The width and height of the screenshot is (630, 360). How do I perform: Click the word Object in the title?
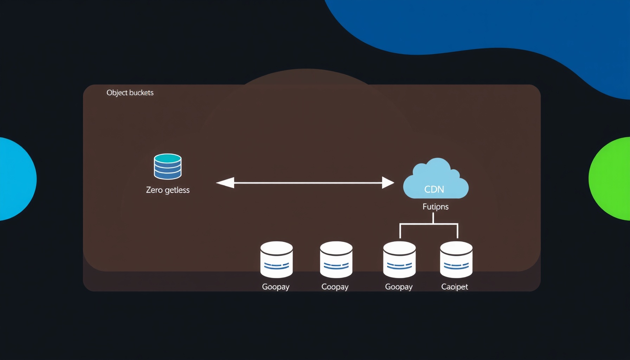117,93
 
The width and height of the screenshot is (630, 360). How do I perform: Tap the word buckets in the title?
142,92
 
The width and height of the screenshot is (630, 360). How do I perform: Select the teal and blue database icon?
168,166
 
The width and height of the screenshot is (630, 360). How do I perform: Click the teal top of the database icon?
168,158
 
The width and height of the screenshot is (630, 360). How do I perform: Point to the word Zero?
154,190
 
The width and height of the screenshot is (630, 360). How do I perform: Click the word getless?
177,190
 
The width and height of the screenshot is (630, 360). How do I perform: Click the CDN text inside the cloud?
434,189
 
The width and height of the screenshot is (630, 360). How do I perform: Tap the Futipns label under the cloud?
436,207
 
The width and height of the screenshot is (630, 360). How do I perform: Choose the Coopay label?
335,287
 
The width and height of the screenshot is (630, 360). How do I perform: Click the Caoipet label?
455,287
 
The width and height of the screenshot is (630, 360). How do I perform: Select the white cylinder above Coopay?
336,259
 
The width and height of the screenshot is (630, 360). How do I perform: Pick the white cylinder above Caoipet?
456,259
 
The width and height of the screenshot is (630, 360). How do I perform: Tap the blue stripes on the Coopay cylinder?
336,265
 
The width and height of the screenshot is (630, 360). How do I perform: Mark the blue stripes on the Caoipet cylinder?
456,265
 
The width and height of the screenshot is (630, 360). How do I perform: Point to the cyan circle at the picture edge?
16,179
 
